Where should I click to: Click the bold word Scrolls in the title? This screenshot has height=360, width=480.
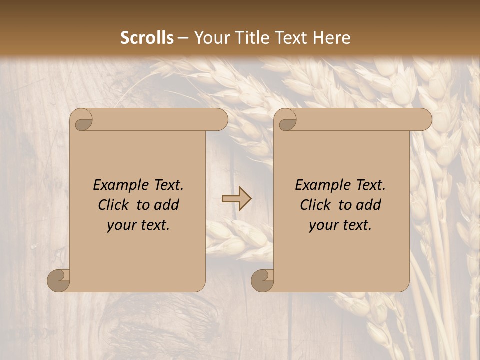pos(147,38)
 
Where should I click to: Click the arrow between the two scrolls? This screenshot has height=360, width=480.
pos(237,198)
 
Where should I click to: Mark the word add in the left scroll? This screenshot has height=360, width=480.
pos(167,205)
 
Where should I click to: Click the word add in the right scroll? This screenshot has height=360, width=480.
pos(369,205)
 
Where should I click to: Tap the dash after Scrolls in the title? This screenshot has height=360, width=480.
pos(183,38)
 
